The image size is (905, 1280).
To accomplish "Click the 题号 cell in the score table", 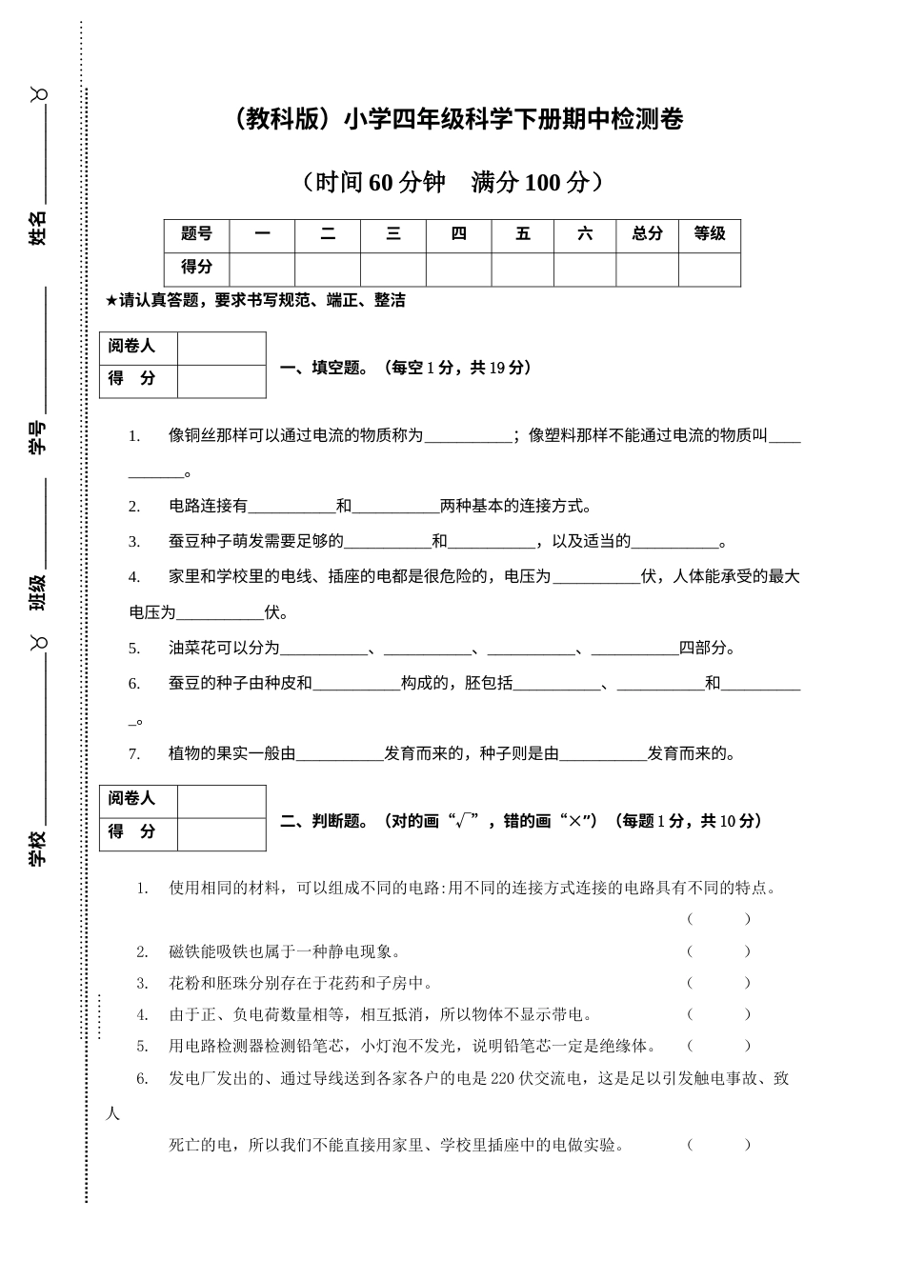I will (196, 234).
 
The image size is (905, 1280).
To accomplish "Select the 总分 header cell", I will (647, 234).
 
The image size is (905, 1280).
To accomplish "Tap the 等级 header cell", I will (710, 234).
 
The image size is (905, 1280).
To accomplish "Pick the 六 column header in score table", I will (585, 234).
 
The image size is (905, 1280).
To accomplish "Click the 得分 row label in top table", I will (196, 268).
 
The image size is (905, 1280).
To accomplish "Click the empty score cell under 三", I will (393, 269).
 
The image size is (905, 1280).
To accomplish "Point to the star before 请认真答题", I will (111, 301).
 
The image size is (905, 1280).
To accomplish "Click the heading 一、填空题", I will (322, 368).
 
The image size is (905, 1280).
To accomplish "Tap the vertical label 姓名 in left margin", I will (37, 229).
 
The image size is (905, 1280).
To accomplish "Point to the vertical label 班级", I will (37, 592).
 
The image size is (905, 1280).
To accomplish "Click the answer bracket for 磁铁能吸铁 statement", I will (718, 951).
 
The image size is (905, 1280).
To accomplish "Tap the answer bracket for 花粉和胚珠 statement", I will (718, 983).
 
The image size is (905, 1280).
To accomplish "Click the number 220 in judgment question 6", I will (502, 1079).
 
